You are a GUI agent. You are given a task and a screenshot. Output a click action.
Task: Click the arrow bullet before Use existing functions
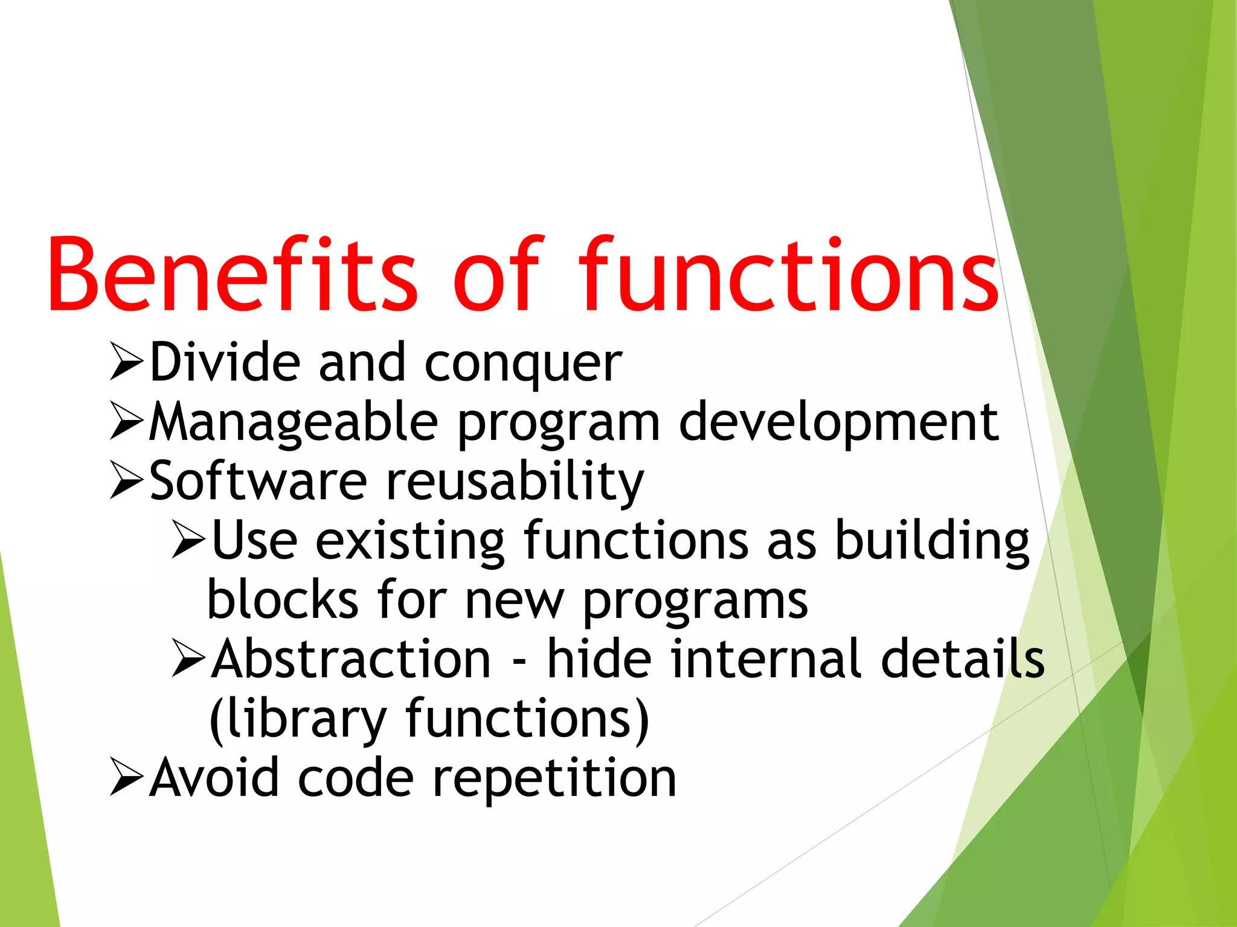click(x=189, y=539)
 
